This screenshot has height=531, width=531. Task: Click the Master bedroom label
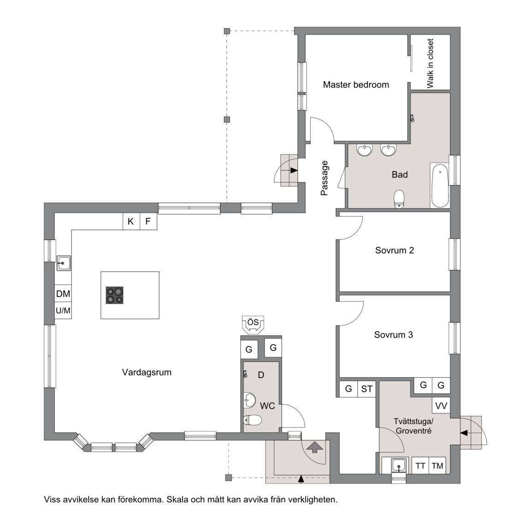(356, 85)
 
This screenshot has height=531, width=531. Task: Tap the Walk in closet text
(430, 63)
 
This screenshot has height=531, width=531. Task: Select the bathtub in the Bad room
(440, 185)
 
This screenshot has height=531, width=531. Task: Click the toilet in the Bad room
(400, 199)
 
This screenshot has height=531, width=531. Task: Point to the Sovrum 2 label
(395, 250)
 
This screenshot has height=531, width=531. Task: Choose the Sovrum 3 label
(394, 335)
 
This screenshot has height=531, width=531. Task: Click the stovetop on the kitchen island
(114, 295)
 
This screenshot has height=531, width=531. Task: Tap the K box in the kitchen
(131, 221)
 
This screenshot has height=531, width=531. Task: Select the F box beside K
(148, 221)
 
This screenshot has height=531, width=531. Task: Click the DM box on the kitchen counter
(63, 294)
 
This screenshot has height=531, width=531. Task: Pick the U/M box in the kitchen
(63, 310)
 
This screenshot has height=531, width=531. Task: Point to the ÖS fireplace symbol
(253, 325)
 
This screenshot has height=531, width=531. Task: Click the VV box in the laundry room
(441, 405)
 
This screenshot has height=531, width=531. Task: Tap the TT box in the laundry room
(420, 466)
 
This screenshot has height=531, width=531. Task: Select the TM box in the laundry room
(437, 466)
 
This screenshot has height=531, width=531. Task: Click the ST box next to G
(367, 389)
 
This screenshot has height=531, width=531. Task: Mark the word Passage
(324, 178)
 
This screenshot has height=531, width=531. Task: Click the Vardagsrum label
(147, 372)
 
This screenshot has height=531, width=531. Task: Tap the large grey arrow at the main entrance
(315, 447)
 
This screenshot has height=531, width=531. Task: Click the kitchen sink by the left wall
(63, 263)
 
